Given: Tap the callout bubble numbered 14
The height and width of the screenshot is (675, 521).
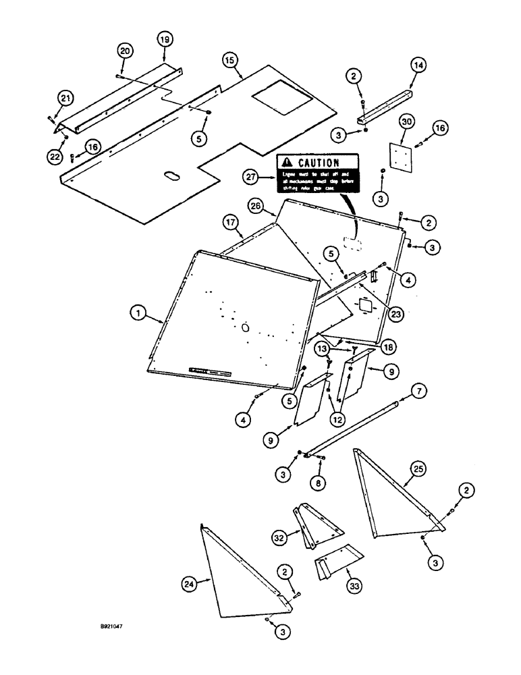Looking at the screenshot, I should pos(418,65).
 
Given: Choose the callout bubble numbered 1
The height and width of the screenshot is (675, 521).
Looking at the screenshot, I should pos(138,312).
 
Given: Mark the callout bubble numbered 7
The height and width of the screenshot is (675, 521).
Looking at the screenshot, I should pos(418,392).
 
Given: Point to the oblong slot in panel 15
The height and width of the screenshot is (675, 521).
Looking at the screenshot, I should pos(171,175).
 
